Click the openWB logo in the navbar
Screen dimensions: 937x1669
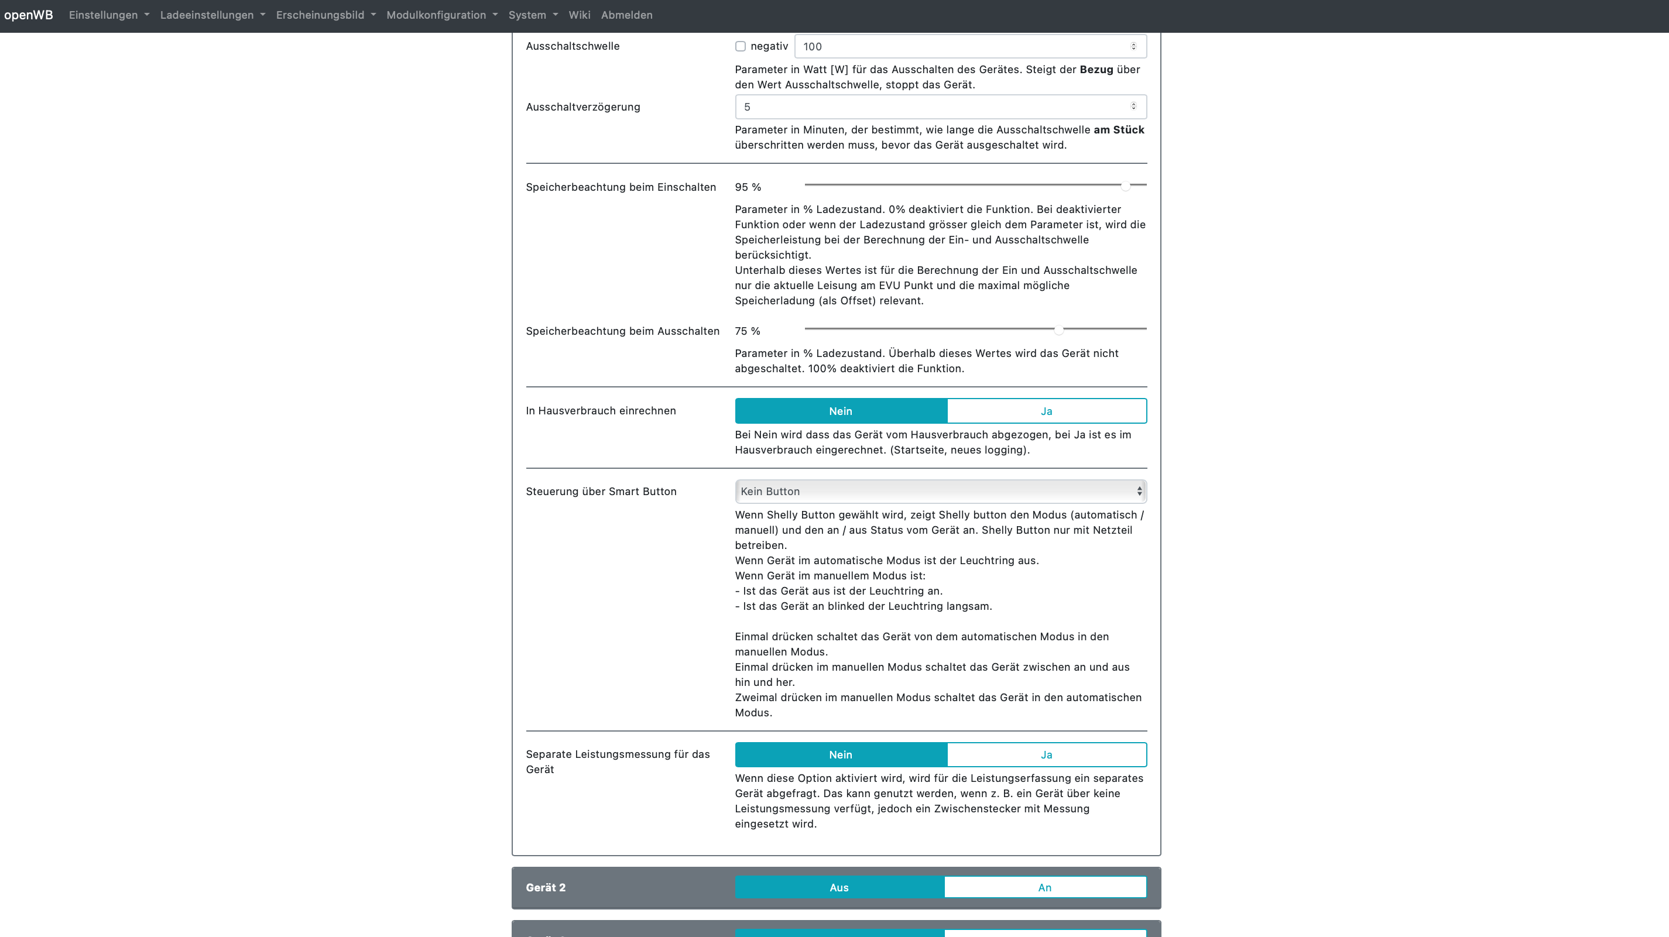click(29, 15)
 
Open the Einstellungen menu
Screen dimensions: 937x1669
click(109, 15)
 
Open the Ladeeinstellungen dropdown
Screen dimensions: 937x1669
click(213, 15)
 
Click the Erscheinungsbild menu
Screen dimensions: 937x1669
click(325, 15)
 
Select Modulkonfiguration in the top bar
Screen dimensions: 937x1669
click(442, 15)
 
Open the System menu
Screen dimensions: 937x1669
click(533, 15)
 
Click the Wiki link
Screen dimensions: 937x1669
click(579, 15)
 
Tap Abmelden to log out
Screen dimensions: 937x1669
click(626, 15)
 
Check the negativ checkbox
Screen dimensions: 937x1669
click(741, 47)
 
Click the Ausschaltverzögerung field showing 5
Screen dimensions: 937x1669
click(933, 107)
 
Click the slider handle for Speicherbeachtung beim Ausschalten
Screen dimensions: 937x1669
click(1058, 330)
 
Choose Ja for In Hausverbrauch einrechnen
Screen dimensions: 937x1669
click(1046, 411)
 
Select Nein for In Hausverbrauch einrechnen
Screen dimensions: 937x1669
click(840, 411)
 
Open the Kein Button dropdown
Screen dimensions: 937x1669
click(940, 492)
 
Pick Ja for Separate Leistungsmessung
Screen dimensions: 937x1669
click(1046, 755)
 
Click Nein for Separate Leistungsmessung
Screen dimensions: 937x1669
click(840, 755)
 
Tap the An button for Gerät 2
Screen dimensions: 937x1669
click(1044, 888)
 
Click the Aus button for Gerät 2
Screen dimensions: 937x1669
click(839, 888)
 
